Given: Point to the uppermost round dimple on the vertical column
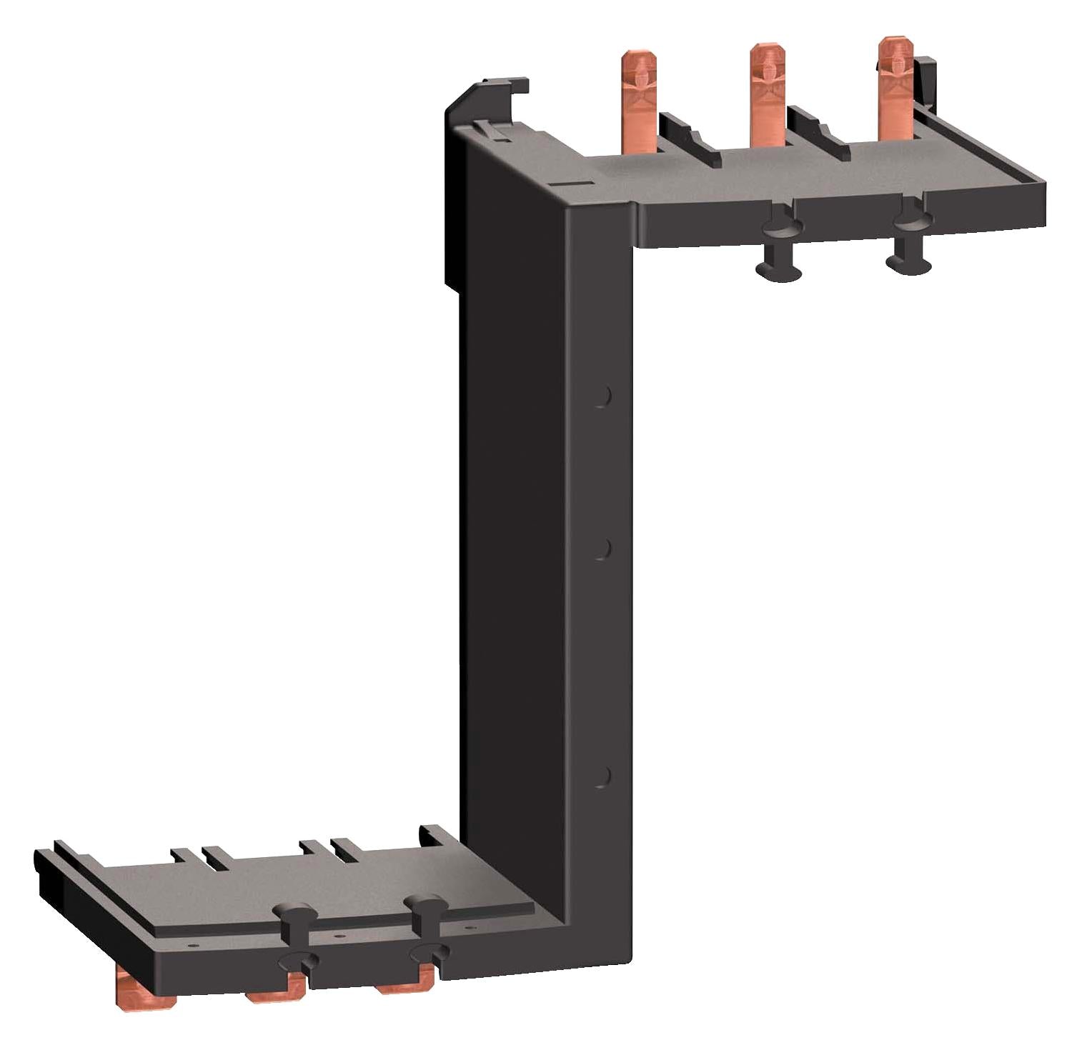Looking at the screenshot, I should pos(602,396).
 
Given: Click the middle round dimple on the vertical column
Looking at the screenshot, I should pos(602,549).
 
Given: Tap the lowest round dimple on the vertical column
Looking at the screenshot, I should pos(602,776).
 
